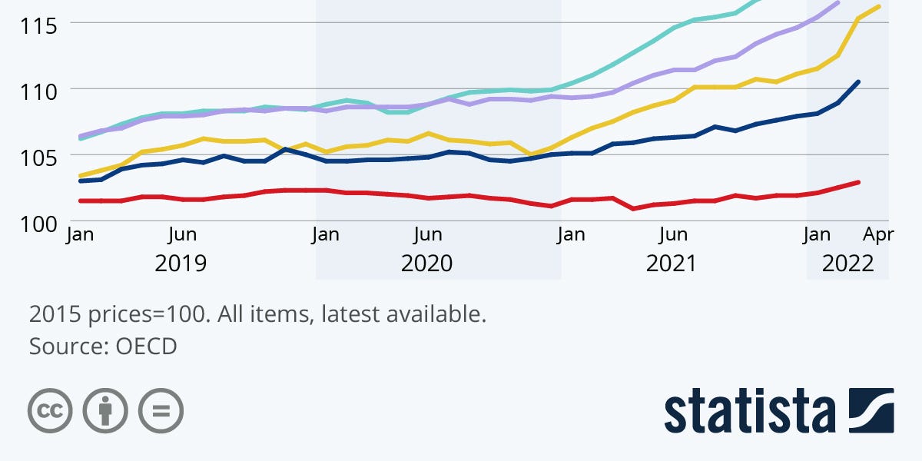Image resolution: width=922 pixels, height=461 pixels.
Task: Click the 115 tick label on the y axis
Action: (x=38, y=25)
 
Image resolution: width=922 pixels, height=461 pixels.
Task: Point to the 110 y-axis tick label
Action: (x=38, y=91)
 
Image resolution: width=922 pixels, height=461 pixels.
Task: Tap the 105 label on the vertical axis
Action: (x=38, y=158)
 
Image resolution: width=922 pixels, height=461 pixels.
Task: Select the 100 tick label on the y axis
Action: (x=38, y=224)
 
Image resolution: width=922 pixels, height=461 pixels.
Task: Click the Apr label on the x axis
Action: (x=877, y=234)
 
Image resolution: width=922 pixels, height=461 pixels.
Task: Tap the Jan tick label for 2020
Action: (x=326, y=234)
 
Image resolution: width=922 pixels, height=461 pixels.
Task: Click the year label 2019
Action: (x=181, y=264)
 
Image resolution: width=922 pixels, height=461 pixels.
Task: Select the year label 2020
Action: (x=426, y=264)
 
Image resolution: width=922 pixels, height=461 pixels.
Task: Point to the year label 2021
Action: (x=671, y=264)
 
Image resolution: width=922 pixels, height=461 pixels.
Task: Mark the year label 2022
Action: (x=847, y=264)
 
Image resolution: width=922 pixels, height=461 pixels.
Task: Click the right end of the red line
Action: (x=858, y=182)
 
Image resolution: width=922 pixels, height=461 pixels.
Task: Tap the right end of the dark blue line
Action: (x=858, y=81)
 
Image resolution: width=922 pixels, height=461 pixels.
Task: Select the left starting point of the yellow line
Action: (x=81, y=175)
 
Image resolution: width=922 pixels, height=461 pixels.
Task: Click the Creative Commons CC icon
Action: (x=50, y=410)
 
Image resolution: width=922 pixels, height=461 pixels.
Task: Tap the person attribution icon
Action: (x=105, y=410)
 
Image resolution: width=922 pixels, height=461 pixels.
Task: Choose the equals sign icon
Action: (x=161, y=410)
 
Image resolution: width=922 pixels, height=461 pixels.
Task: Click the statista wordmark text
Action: (x=750, y=412)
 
